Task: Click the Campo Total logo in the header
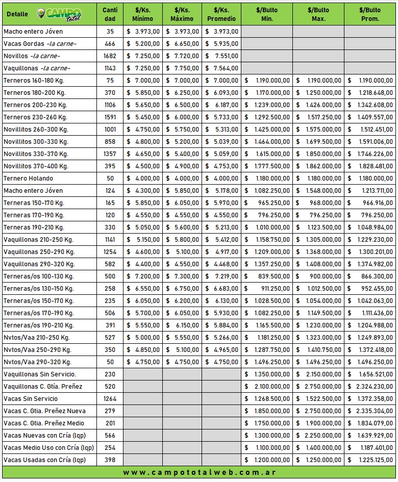(59, 14)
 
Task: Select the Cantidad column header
(110, 14)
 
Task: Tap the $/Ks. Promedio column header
(221, 14)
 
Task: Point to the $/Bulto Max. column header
(318, 14)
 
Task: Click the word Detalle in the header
(18, 14)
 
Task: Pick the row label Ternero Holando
(28, 179)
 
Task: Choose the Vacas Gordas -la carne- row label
(40, 44)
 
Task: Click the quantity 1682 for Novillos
(110, 56)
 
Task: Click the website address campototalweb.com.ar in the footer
(200, 473)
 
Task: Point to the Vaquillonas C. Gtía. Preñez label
(43, 387)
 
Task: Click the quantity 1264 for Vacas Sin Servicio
(110, 399)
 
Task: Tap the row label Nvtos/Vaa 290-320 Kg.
(37, 362)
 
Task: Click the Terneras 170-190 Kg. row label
(34, 215)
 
